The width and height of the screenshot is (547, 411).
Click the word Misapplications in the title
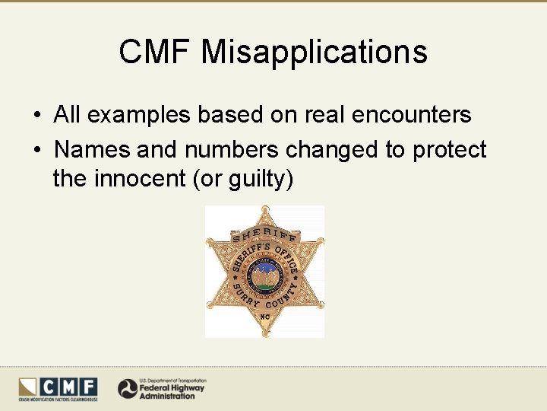[x=315, y=53]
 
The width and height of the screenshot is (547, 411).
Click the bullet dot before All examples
[x=36, y=116]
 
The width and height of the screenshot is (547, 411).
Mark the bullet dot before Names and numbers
[x=36, y=150]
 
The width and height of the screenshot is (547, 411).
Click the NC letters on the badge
[x=264, y=315]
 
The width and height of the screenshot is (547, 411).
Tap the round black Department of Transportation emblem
[x=127, y=389]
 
